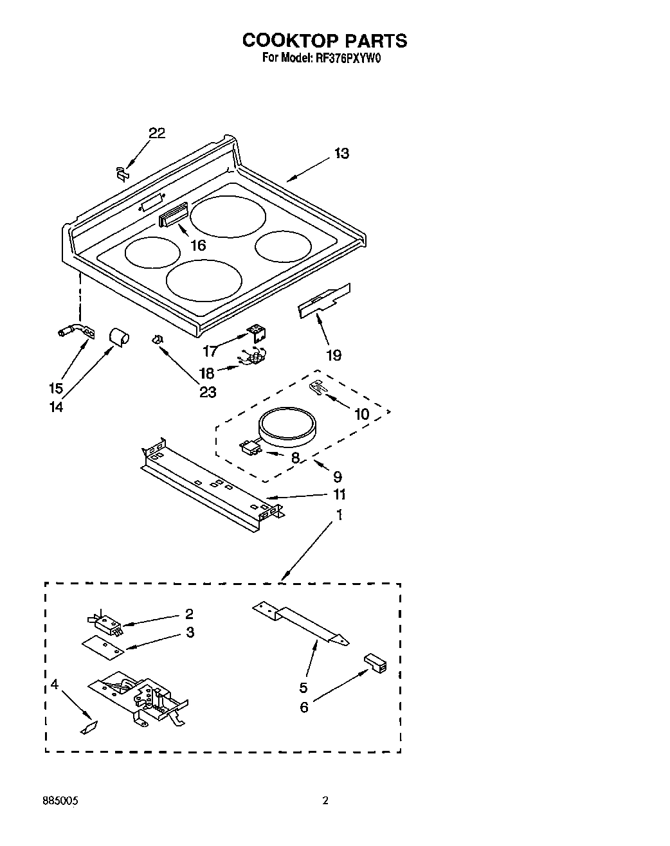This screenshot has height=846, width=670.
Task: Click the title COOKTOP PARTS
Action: click(x=324, y=40)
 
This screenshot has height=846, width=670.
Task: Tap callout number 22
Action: click(x=157, y=133)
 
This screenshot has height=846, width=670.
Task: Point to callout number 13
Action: click(x=341, y=154)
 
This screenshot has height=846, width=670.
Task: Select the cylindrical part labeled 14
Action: click(x=117, y=336)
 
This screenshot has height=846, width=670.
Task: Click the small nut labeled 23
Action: click(x=157, y=339)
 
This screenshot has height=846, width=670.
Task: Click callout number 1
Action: click(x=340, y=515)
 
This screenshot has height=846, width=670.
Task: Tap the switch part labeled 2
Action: click(x=105, y=622)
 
